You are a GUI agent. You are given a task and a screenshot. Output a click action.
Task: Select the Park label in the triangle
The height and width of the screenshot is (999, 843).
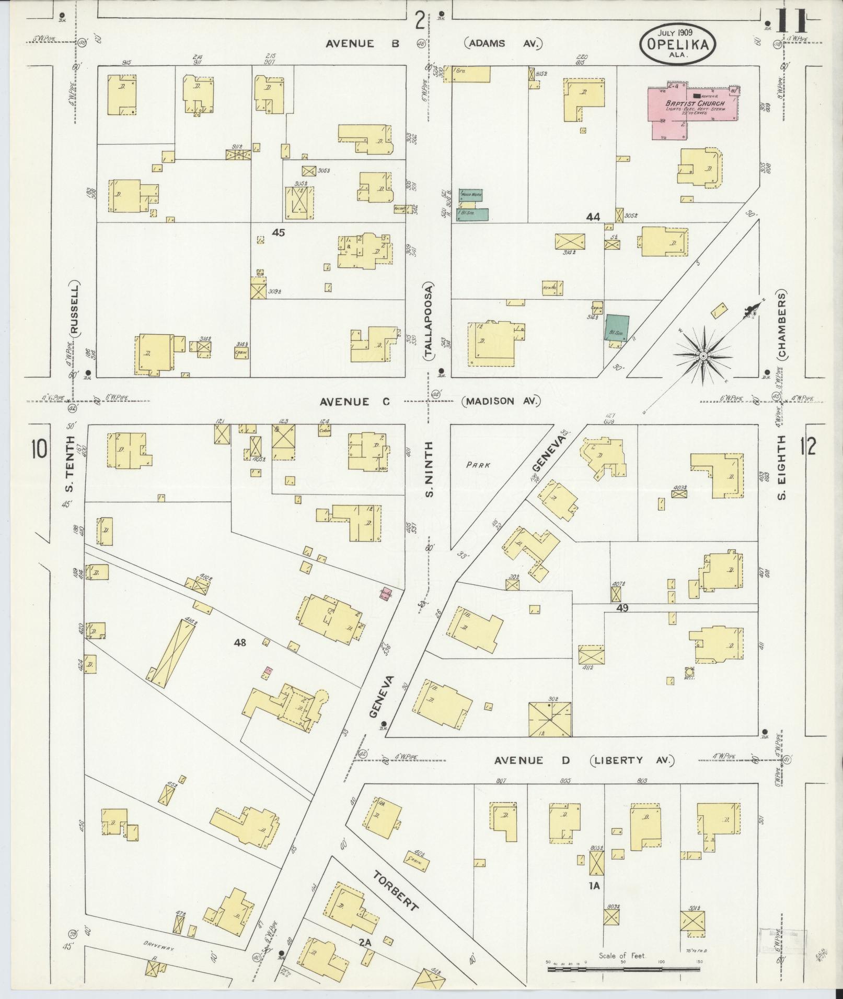coord(478,464)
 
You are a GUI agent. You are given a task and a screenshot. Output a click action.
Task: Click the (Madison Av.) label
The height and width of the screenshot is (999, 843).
coord(501,401)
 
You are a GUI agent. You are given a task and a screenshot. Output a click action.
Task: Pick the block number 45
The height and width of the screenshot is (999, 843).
coord(279,233)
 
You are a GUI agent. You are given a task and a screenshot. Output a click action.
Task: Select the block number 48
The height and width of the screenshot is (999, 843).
coord(240,643)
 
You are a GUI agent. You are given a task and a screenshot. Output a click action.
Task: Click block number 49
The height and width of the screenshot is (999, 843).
coord(621,608)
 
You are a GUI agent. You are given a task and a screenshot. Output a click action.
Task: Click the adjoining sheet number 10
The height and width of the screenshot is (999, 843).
coord(39,449)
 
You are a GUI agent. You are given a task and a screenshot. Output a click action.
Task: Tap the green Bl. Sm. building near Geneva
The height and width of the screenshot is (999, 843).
coord(617,328)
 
